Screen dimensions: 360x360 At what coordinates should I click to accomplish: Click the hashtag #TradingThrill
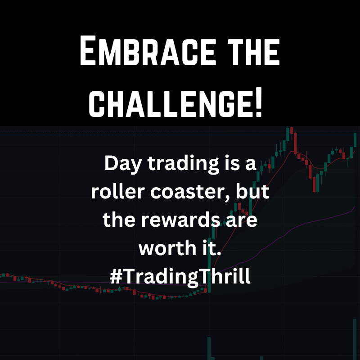[x=180, y=276]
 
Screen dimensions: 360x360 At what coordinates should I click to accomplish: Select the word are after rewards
[x=241, y=220]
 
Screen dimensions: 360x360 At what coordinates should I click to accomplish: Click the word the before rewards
[x=117, y=220]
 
